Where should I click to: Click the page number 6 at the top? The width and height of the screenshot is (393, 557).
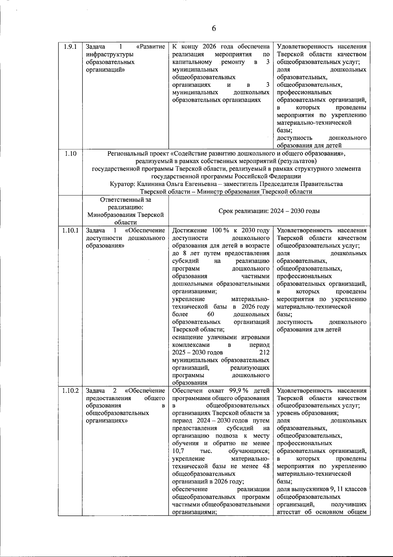[x=214, y=28]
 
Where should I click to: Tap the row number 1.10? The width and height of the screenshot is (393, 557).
[x=70, y=154]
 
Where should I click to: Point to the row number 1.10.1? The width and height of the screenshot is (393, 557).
[x=70, y=231]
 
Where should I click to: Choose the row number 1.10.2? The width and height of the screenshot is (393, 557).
[x=70, y=391]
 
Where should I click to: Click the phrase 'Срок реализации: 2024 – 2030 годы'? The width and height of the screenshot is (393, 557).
[x=269, y=211]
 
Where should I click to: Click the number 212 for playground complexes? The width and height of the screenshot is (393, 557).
[x=264, y=352]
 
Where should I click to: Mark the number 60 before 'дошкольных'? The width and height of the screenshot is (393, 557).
[x=211, y=314]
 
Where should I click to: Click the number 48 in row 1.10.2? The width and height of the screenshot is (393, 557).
[x=266, y=466]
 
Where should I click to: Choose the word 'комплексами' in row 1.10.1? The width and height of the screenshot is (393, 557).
[x=191, y=345]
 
